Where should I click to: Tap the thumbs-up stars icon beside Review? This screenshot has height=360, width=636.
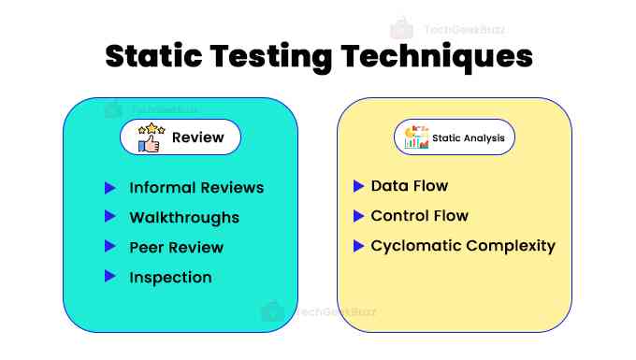(x=150, y=137)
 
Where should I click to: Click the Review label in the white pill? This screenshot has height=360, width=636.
(x=197, y=138)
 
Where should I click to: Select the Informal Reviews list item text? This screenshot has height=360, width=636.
(x=196, y=188)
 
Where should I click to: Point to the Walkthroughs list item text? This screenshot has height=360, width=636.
(x=184, y=218)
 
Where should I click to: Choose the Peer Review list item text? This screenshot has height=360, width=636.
(x=177, y=248)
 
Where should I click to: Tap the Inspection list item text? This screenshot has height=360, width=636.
(x=170, y=278)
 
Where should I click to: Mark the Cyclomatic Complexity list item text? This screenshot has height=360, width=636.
(x=463, y=246)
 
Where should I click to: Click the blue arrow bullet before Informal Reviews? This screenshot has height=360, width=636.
(x=109, y=188)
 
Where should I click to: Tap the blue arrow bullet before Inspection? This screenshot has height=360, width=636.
(x=109, y=277)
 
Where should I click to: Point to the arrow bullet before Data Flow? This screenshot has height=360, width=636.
(x=358, y=186)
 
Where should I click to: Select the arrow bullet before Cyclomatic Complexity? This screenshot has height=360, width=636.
(x=358, y=246)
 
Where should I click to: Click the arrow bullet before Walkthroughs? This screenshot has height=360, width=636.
(x=109, y=218)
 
